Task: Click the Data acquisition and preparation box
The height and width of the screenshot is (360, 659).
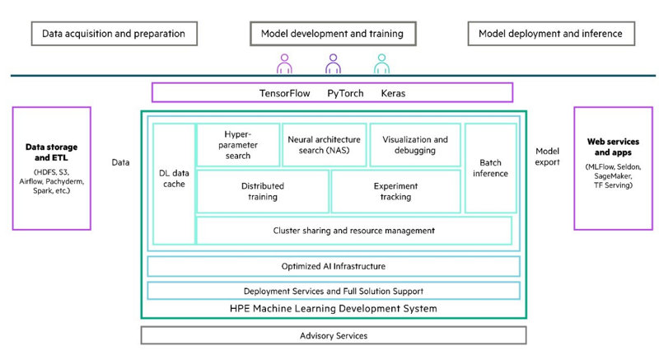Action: (114, 34)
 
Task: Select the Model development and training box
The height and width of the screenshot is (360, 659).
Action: (332, 34)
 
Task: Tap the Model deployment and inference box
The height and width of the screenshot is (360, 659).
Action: (550, 34)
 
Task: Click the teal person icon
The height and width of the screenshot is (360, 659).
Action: (381, 63)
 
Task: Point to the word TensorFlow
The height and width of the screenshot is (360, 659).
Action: (284, 93)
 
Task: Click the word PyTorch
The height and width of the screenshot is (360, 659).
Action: (345, 93)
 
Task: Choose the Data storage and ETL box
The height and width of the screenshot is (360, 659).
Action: (52, 167)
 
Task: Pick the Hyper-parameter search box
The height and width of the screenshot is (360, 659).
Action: (237, 145)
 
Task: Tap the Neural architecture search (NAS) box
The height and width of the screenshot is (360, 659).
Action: (325, 145)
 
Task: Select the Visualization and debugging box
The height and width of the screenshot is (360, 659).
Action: (415, 145)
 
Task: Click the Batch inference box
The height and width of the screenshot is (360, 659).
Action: (490, 167)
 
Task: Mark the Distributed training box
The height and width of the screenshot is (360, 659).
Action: (262, 191)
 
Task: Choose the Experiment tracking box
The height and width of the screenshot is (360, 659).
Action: (395, 191)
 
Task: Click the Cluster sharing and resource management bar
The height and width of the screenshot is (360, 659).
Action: (353, 230)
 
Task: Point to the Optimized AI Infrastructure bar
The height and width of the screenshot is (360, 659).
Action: (333, 266)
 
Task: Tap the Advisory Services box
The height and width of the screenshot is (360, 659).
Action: (333, 335)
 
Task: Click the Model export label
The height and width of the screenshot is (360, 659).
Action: (547, 157)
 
